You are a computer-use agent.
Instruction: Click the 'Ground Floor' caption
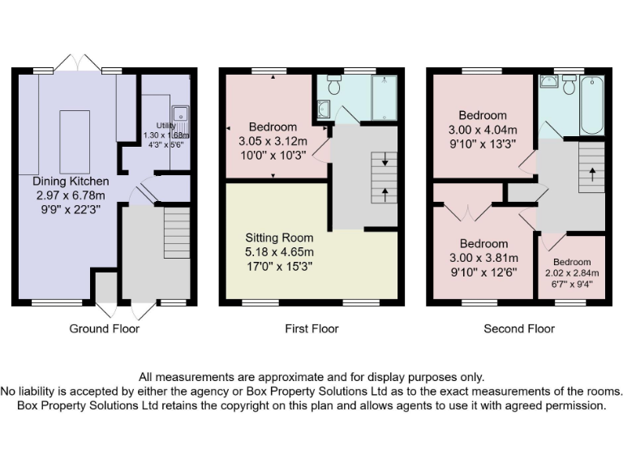point(104,328)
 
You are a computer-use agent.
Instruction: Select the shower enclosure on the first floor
point(384,98)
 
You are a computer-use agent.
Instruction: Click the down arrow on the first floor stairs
point(385,162)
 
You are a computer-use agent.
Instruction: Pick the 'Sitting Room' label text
point(279,238)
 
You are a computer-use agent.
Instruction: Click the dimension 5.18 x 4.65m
point(279,251)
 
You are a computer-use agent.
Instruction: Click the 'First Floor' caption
point(311,328)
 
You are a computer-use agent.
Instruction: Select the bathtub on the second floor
point(592,105)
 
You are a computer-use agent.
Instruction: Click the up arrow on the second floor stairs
point(591,172)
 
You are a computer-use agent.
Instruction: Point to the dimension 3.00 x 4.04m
point(483,129)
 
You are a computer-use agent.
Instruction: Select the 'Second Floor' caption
point(519,328)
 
